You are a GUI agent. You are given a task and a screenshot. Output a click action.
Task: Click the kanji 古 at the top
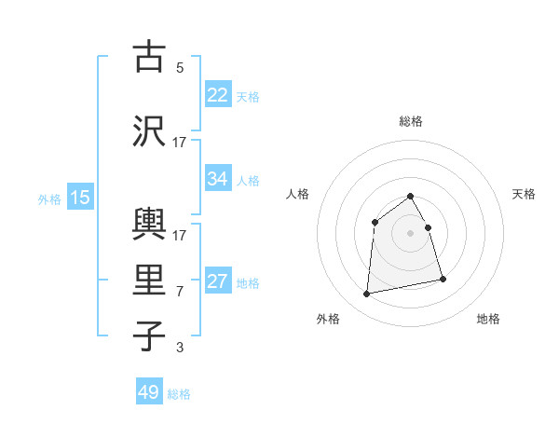[149, 56]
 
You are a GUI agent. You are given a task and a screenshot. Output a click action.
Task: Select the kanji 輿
[149, 221]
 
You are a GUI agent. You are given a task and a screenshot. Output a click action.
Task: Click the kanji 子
[149, 335]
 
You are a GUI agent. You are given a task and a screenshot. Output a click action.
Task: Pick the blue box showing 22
[218, 95]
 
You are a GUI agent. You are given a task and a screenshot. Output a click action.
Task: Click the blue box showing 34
[218, 179]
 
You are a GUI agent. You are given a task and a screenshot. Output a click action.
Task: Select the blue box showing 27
[218, 281]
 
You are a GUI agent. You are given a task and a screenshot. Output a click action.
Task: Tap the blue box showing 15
[79, 198]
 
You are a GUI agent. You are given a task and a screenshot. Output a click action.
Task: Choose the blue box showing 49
[149, 392]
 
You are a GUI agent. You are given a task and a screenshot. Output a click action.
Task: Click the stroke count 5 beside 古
[180, 68]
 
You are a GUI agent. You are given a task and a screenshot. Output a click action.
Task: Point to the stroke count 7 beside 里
[180, 292]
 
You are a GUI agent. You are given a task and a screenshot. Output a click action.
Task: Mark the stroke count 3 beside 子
[180, 349]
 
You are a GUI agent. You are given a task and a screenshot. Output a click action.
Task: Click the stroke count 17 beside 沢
[180, 142]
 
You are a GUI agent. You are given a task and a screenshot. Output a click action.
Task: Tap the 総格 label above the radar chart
[411, 121]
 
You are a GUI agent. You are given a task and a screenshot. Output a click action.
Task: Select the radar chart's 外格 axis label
[328, 319]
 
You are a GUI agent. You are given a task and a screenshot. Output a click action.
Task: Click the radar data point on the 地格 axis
[443, 279]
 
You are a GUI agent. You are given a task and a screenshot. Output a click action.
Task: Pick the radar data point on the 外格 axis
[367, 294]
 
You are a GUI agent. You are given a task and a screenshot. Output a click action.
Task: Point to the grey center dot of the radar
[411, 233]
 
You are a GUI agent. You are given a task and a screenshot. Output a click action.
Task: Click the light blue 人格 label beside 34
[248, 180]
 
